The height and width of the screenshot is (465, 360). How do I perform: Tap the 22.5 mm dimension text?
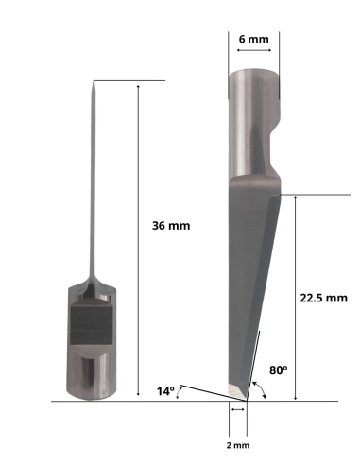pyautogui.click(x=323, y=297)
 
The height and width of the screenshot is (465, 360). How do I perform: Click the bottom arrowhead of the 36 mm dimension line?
pyautogui.click(x=139, y=398)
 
